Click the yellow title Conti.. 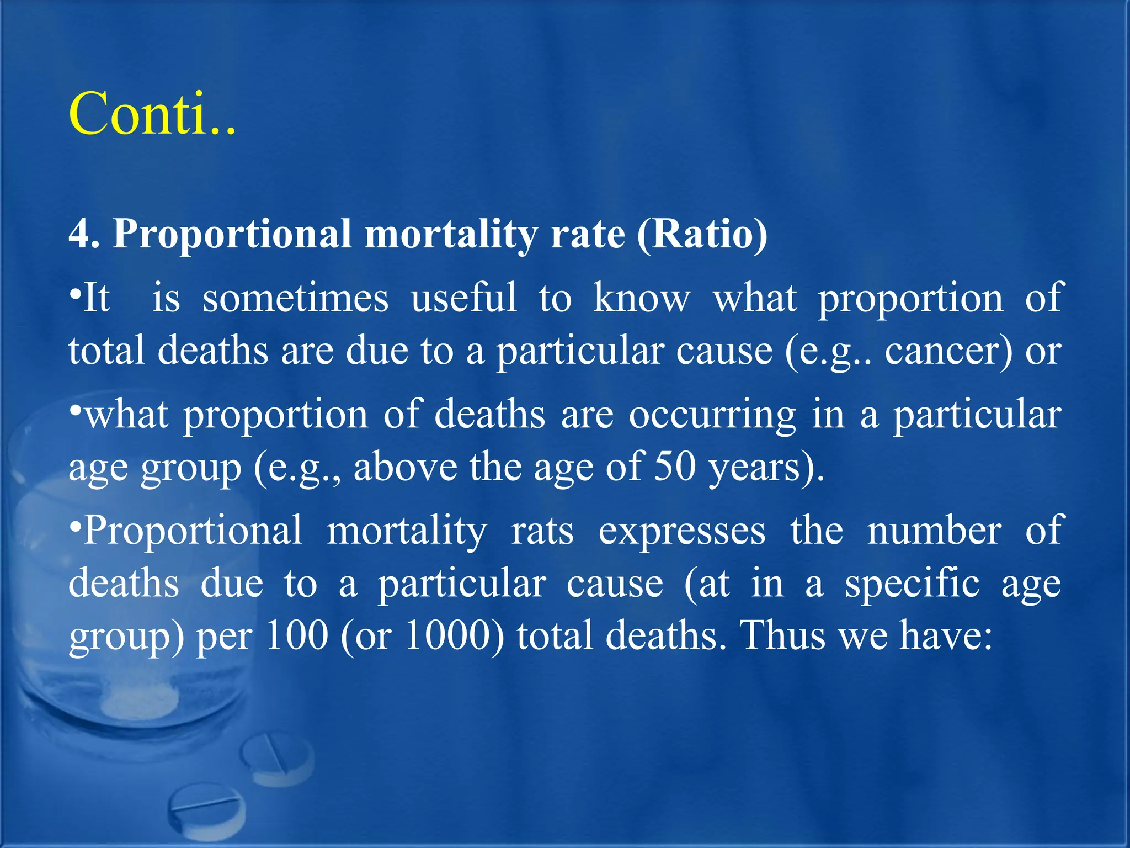[152, 114]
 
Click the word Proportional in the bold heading [232, 234]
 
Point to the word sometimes [295, 298]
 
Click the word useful [463, 298]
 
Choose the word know [642, 298]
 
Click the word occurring [712, 415]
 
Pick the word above [405, 467]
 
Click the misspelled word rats [542, 531]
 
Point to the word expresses [682, 531]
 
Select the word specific [912, 584]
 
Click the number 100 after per [297, 636]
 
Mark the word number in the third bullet [934, 531]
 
